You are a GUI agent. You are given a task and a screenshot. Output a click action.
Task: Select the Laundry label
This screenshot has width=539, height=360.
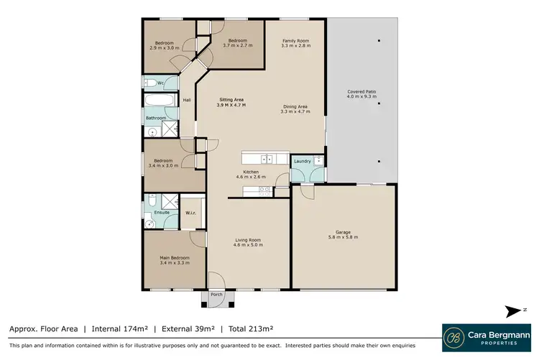coord(302,162)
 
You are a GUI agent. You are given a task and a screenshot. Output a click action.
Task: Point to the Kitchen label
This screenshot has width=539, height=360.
coord(251,172)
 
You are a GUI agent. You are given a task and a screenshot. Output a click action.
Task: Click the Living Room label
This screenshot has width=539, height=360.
coord(248,240)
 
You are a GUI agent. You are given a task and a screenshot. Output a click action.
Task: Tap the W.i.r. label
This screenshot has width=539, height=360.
coord(192,213)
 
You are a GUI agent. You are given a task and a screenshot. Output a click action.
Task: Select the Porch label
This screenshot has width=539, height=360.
coord(216,295)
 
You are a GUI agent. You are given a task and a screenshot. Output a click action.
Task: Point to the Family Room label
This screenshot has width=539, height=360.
coord(295,41)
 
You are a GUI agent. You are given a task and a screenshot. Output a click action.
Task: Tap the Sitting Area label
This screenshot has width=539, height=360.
coord(231,101)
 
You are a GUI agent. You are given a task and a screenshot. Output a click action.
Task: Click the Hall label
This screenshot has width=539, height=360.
coord(187,100)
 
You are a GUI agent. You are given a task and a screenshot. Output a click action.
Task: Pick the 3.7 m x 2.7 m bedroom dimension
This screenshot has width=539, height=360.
coord(238,45)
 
